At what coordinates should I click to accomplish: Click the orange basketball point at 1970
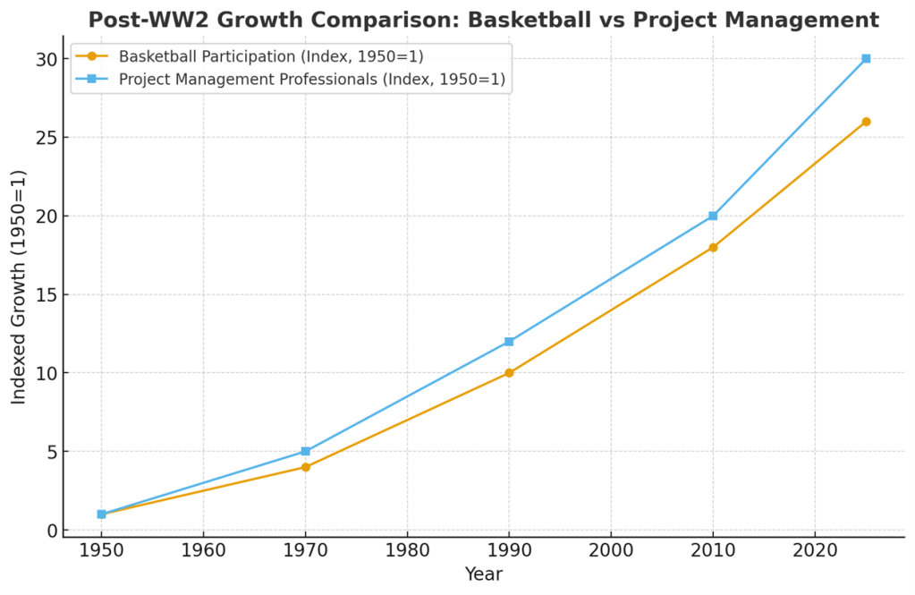click(x=305, y=467)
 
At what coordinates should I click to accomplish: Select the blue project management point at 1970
click(x=305, y=451)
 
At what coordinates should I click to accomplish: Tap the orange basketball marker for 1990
click(x=509, y=372)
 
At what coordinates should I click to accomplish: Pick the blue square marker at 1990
click(x=509, y=341)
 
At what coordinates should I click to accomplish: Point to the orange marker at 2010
click(x=713, y=247)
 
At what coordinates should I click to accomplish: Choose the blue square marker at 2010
click(x=713, y=216)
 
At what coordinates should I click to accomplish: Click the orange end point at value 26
click(x=866, y=122)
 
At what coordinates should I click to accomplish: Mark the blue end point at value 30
click(x=866, y=58)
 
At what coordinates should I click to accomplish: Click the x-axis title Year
click(x=483, y=574)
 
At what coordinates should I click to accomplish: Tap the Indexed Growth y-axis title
click(x=19, y=286)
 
